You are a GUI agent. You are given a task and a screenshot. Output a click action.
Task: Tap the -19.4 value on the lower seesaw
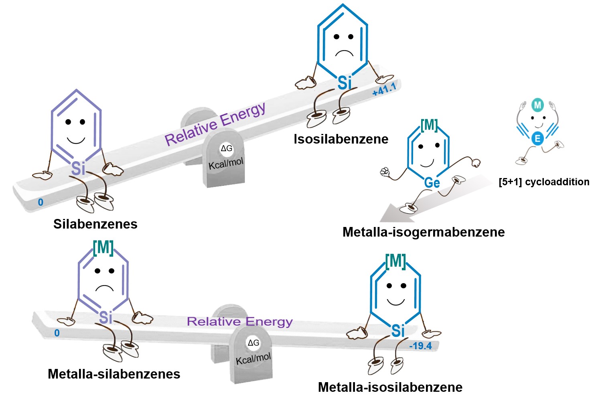420,346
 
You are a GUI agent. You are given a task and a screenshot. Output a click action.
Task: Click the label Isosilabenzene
341,139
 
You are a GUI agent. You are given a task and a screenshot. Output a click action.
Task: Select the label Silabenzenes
95,224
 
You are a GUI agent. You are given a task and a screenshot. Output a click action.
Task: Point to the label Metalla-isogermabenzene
424,232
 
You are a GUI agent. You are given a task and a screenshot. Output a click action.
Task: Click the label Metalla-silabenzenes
114,374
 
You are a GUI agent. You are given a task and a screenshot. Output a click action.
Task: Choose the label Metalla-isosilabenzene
390,387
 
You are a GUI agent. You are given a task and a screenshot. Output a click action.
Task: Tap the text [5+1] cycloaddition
544,182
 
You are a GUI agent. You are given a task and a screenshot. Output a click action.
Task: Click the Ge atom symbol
432,183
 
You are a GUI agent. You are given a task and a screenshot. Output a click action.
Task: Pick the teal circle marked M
537,105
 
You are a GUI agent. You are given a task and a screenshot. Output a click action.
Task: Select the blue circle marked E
537,139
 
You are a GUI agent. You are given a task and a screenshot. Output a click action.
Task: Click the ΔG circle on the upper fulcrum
227,148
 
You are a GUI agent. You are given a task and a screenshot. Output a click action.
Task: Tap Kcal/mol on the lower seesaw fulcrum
253,358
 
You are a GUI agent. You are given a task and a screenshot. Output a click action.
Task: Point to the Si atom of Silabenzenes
78,169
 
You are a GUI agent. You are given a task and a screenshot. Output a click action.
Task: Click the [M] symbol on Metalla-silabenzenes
103,247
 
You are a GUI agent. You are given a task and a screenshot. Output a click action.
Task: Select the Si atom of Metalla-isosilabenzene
398,331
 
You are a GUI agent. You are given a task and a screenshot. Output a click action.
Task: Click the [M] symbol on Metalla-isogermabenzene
429,125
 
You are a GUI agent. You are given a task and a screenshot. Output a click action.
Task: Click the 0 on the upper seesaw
41,203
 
